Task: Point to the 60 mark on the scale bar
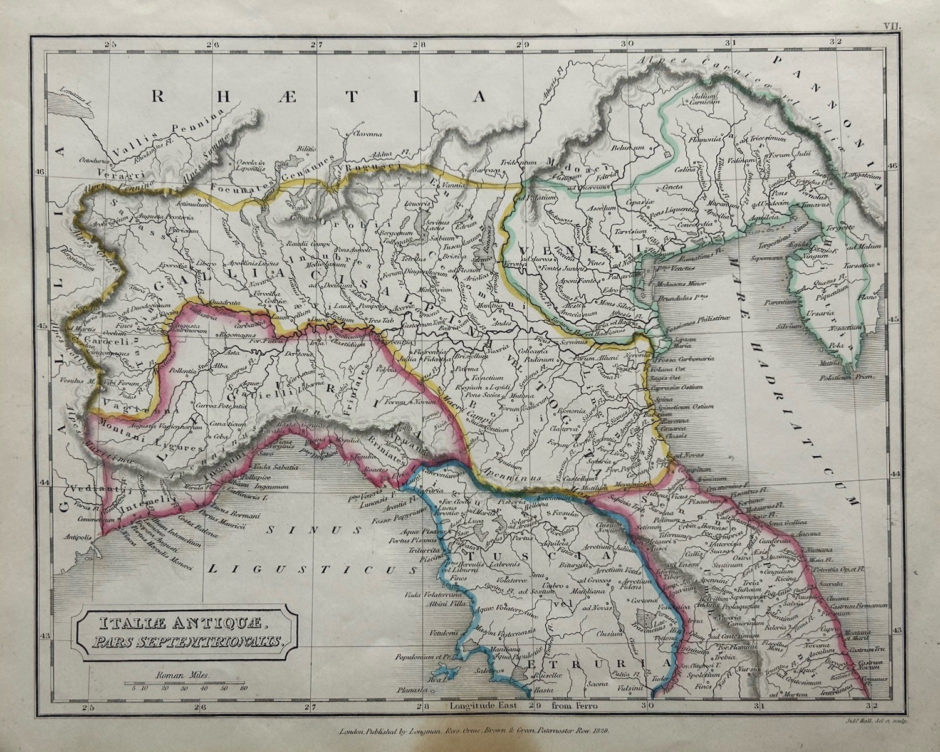244,688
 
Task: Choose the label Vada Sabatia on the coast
276,467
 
